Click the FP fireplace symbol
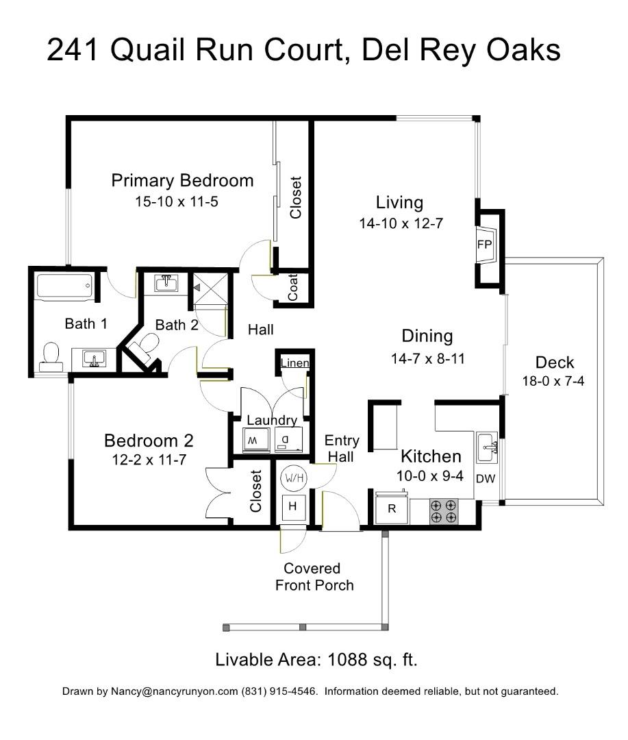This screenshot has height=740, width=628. (x=485, y=245)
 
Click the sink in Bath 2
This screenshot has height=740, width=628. (x=164, y=282)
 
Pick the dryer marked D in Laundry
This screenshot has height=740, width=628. (x=286, y=439)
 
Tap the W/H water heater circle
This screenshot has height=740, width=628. (x=293, y=477)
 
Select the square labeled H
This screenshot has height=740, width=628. (x=293, y=507)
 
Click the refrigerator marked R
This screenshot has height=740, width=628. (x=392, y=508)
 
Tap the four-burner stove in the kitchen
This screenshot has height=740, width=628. (x=443, y=511)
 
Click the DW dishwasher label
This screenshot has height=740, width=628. (x=485, y=479)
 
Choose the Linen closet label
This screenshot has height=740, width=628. (x=295, y=363)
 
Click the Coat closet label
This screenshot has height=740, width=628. (x=293, y=288)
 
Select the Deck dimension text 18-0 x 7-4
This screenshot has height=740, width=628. (x=553, y=382)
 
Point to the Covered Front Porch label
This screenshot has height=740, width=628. (x=314, y=577)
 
